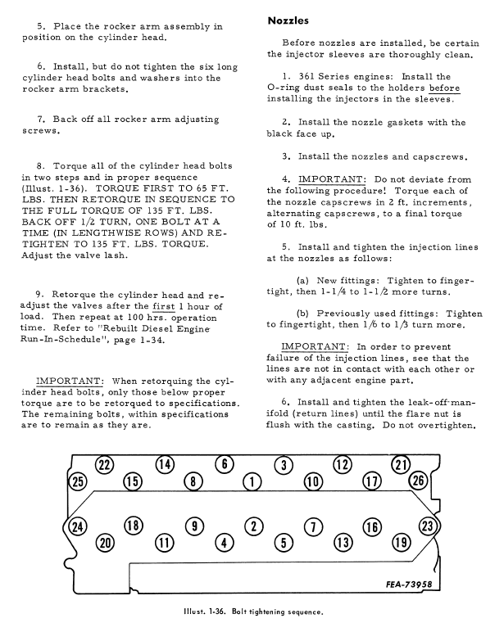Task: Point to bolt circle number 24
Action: pos(79,526)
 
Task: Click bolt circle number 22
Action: pos(104,465)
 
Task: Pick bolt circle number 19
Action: pos(401,541)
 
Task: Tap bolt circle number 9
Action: pos(194,526)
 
